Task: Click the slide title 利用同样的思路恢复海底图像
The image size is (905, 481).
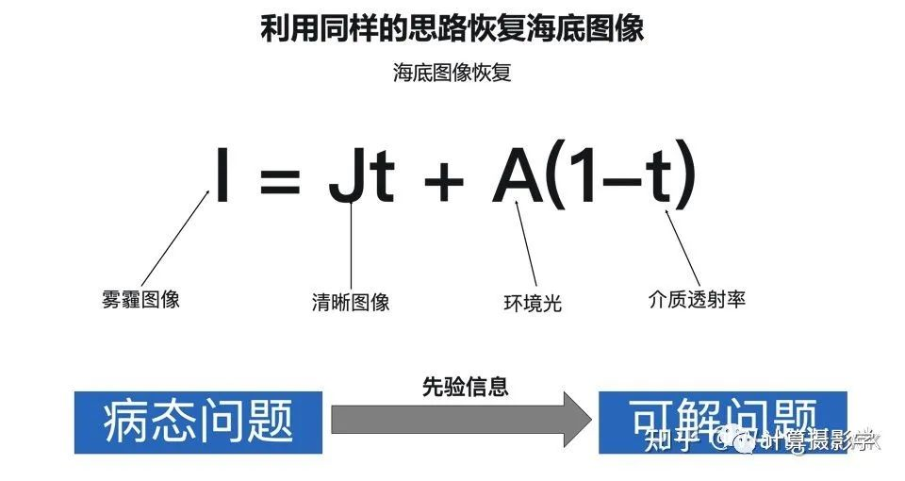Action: coord(452,28)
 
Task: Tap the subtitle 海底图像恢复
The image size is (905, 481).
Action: coord(452,73)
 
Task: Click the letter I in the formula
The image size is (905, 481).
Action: coord(222,174)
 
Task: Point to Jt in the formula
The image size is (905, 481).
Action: coord(360,176)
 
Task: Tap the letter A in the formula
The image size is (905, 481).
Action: coord(518,175)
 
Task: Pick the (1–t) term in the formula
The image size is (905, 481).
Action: coord(622,175)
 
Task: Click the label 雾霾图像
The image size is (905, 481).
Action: coord(140,300)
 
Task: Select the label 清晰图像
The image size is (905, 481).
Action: coord(351,303)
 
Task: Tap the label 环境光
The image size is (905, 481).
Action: coord(533,304)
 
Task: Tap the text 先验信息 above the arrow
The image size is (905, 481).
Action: coord(465,386)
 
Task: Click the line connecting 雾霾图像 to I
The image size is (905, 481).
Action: coord(175,237)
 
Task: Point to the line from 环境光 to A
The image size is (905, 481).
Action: coord(527,247)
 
